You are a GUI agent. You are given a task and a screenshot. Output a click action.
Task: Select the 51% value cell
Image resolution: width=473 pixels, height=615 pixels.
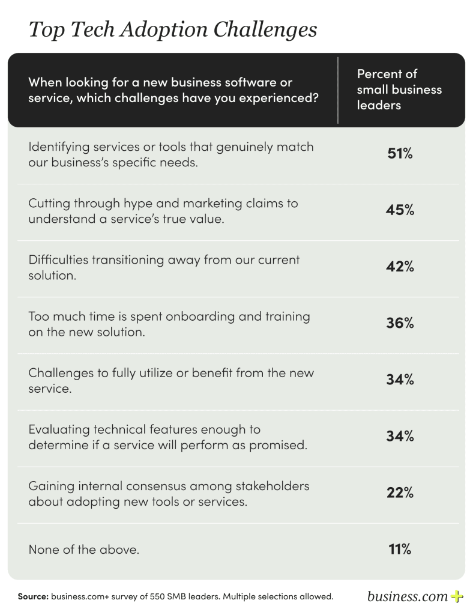click(399, 154)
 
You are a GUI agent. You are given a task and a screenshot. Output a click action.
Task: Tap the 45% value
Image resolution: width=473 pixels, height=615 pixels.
click(399, 210)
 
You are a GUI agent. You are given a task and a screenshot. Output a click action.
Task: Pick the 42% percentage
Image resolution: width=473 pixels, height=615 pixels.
click(399, 267)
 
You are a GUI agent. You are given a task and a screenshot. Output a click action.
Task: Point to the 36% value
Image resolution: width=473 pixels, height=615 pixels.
click(399, 323)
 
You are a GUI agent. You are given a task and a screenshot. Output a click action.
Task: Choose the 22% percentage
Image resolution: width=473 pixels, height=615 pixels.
click(399, 493)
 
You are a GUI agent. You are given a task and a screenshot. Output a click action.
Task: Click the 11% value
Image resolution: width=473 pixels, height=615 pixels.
click(399, 549)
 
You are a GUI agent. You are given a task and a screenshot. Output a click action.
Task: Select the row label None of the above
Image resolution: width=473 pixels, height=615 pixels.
click(83, 550)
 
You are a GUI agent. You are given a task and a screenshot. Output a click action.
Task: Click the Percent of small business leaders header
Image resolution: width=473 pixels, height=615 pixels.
click(399, 89)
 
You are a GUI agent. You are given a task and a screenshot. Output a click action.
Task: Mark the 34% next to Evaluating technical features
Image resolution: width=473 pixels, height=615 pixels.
click(399, 437)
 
